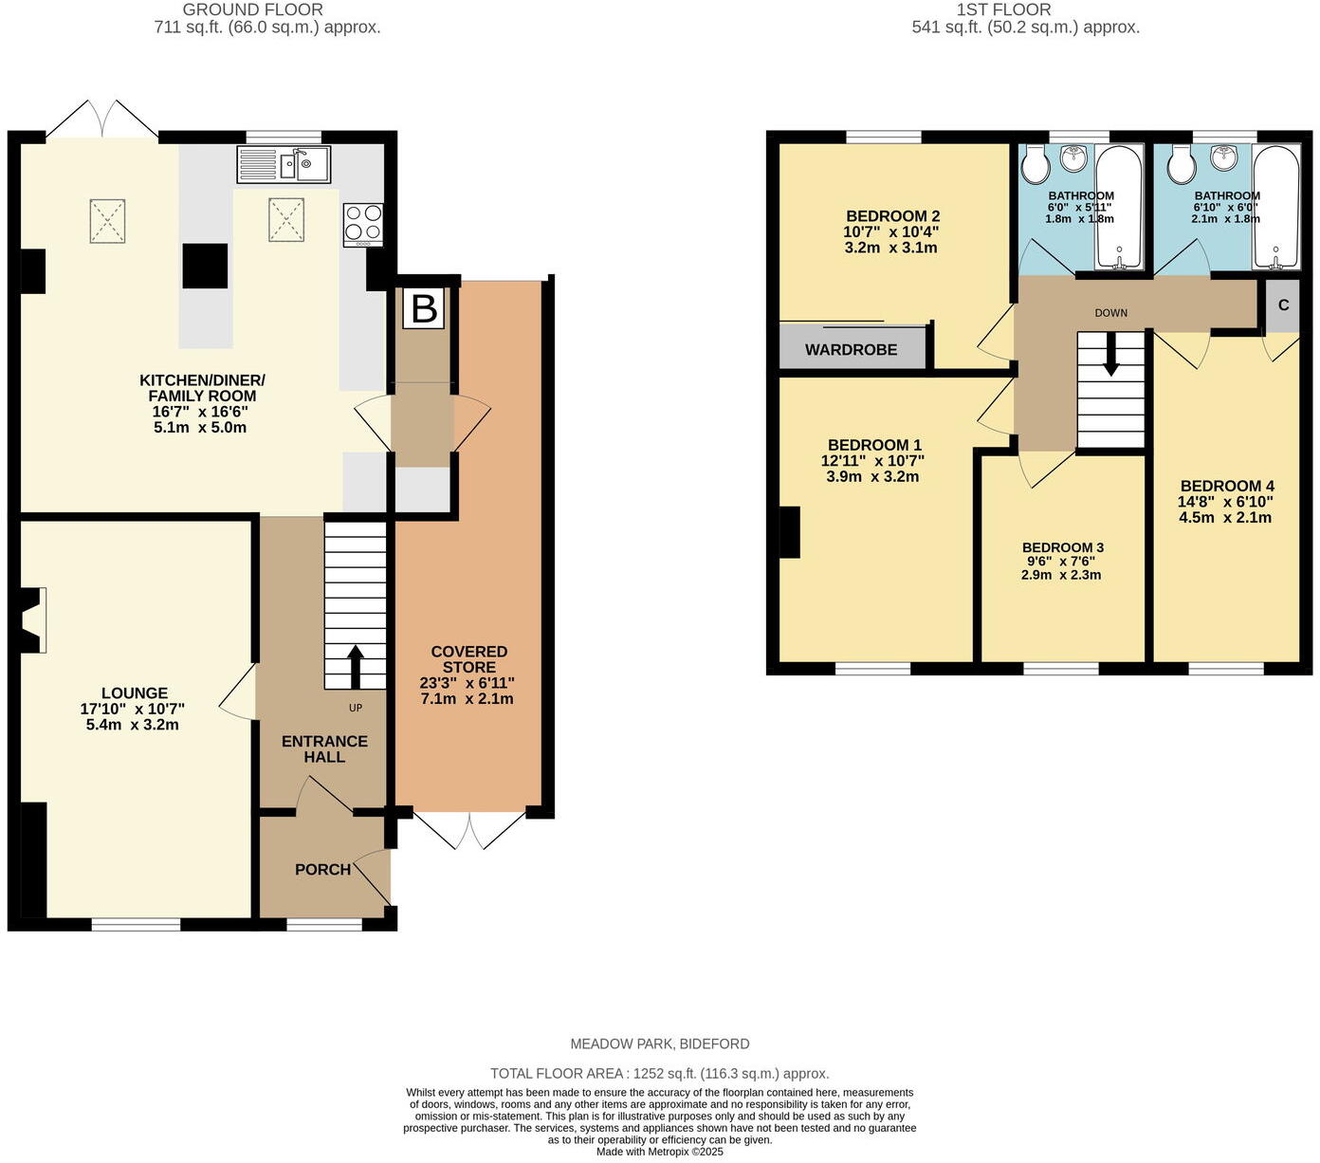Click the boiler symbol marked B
coord(423,309)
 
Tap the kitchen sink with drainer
coord(284,164)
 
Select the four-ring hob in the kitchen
coord(363,225)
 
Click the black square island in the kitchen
coord(205,266)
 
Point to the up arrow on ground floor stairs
coord(356,667)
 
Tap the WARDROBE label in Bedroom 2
coord(851,350)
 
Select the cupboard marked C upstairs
coord(1283,305)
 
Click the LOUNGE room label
coord(135,693)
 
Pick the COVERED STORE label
coord(468,659)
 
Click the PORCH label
coord(322,870)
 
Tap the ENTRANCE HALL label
coord(324,749)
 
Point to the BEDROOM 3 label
coord(1062,547)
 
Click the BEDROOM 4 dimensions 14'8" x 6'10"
coord(1225,502)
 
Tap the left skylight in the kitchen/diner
coord(107,219)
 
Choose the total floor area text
coord(659,1074)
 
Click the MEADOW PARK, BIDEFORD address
coord(659,1043)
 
